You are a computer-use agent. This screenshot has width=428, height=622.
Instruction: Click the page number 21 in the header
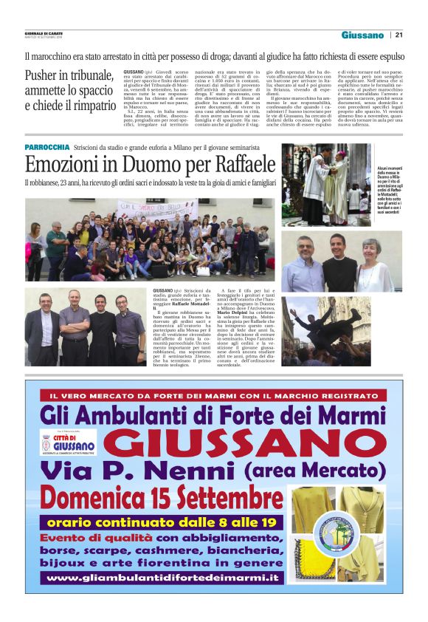[399, 35]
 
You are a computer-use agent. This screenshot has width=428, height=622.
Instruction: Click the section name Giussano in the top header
[362, 35]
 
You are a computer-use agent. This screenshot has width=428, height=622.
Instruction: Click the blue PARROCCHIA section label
[47, 148]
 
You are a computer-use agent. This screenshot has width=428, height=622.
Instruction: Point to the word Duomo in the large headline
[151, 163]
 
